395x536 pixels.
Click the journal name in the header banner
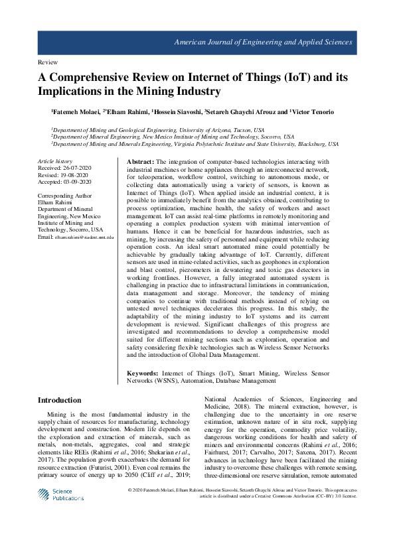[262, 42]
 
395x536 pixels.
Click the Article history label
[55, 161]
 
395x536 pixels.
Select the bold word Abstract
[140, 162]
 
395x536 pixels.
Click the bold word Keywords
[144, 374]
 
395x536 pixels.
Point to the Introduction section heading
[60, 400]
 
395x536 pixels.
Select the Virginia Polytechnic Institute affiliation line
[195, 143]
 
